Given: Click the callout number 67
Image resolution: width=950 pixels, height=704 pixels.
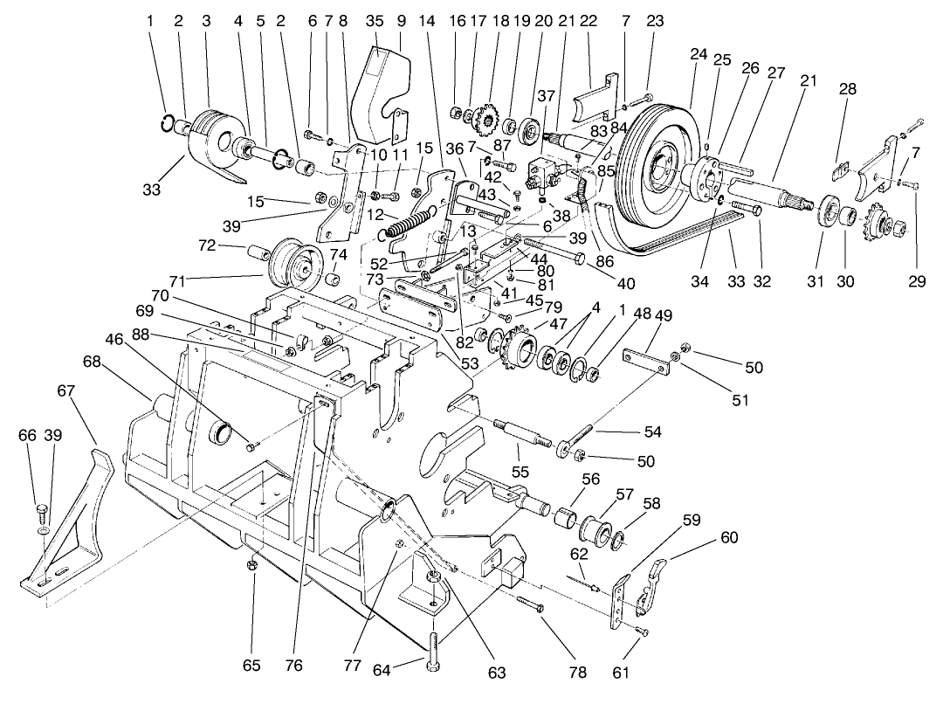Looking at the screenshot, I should (x=66, y=393).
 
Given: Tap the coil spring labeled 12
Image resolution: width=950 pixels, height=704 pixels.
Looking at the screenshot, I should (x=411, y=223).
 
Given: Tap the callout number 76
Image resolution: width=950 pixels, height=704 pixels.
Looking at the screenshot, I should (x=293, y=666).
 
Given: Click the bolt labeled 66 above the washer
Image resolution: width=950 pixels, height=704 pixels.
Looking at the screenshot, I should (x=41, y=509).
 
